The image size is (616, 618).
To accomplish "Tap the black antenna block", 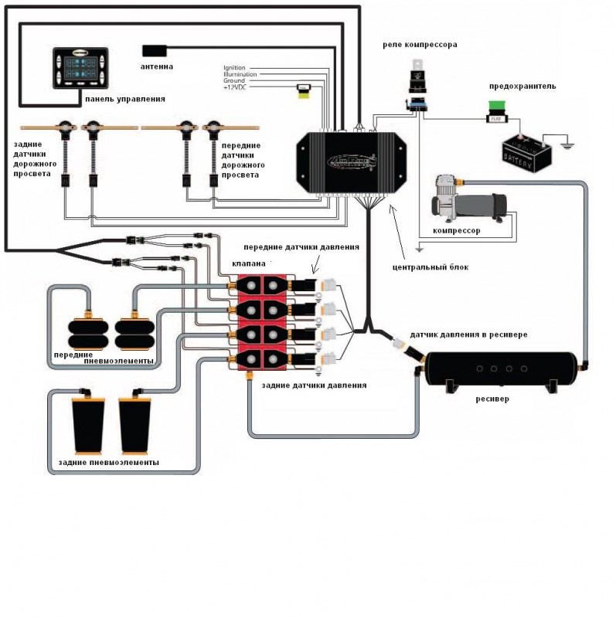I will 156,50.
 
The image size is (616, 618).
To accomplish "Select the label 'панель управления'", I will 125,100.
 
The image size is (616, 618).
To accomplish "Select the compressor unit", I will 469,201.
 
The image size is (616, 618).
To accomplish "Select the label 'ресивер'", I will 492,399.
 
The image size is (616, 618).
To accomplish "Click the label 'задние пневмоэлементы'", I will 109,463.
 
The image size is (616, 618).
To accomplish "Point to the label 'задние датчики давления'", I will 314,385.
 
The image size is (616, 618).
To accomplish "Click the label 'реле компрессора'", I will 420,45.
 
